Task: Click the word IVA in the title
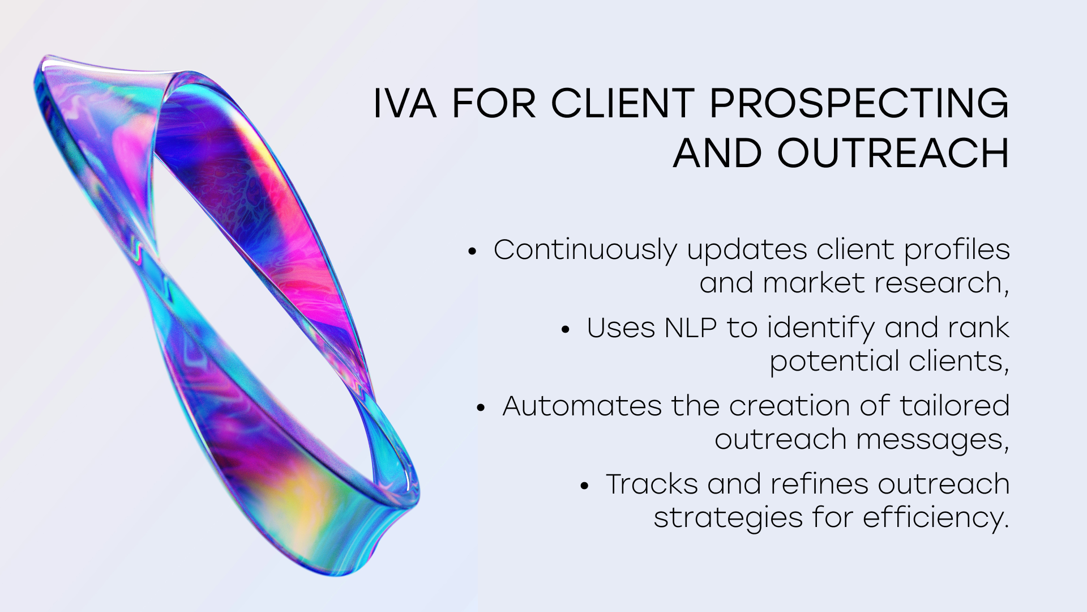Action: pos(405,104)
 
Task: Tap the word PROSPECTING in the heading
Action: pos(859,104)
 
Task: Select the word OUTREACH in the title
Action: pos(893,153)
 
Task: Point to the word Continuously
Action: pos(585,250)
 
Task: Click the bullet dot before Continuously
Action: pos(473,252)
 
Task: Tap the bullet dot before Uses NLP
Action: pos(566,330)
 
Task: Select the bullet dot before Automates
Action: pos(481,408)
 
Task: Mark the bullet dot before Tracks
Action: pos(585,486)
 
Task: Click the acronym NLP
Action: pos(691,328)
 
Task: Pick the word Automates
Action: pos(582,406)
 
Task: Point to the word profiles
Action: pos(957,250)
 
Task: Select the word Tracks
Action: pos(652,484)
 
